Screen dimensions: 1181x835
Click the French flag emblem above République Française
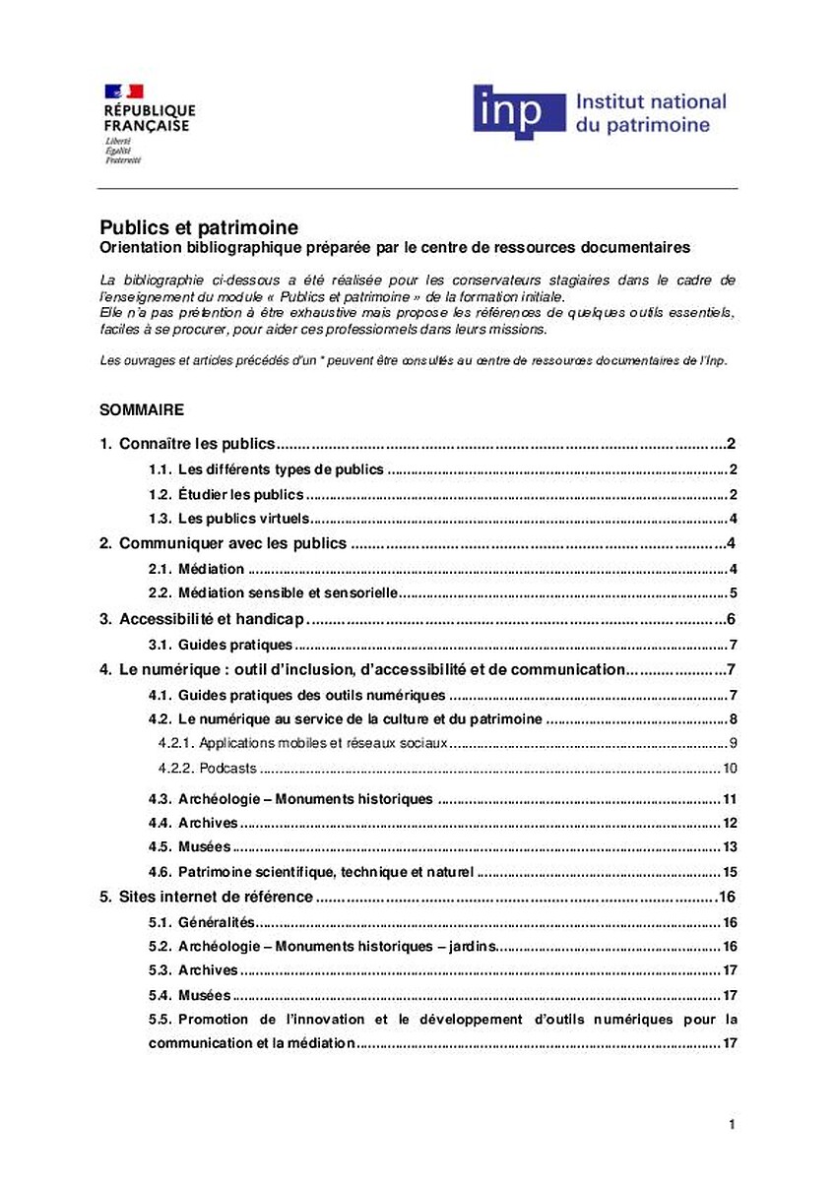click(x=124, y=92)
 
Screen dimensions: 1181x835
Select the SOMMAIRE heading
click(x=142, y=407)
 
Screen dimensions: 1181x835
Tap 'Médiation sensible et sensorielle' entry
click(x=287, y=593)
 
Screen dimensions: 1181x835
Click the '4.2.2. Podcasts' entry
click(x=208, y=769)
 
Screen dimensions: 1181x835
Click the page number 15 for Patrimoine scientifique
click(x=730, y=871)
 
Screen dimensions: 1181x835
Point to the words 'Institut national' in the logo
click(x=650, y=101)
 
